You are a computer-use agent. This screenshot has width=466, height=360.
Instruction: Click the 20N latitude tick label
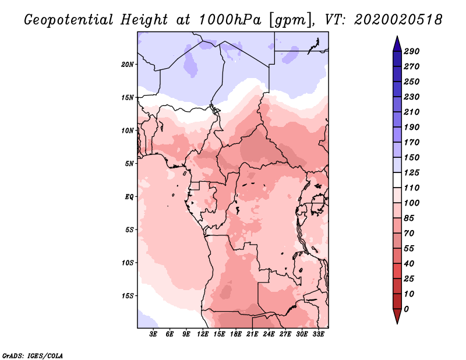(128, 64)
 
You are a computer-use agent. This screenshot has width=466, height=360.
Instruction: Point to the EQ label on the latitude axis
(129, 196)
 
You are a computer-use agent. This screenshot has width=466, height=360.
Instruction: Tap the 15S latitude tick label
(128, 295)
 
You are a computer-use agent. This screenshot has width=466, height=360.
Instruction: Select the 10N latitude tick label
(128, 130)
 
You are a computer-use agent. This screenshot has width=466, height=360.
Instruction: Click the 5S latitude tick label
(129, 230)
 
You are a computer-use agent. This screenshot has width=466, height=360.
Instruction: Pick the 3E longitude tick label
(153, 335)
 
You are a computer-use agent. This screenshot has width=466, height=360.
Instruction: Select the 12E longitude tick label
(203, 335)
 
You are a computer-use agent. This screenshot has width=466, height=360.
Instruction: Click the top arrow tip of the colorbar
(396, 37)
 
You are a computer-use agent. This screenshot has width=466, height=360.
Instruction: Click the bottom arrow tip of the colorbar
(396, 323)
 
